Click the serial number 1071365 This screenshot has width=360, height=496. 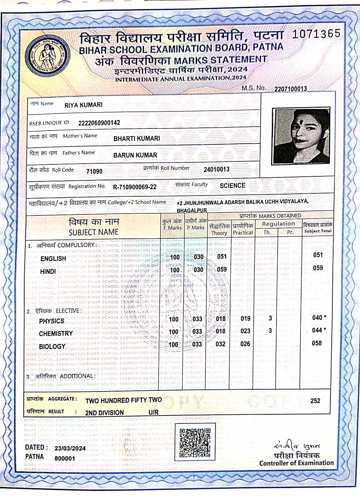316,34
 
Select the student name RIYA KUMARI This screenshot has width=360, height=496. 83,105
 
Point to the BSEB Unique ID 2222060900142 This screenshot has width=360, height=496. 99,123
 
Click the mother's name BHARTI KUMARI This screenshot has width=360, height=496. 136,139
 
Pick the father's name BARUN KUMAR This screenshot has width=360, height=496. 135,155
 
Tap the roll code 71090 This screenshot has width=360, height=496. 94,171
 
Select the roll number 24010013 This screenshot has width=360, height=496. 216,169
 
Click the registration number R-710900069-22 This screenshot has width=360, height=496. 135,187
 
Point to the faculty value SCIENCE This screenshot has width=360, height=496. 232,186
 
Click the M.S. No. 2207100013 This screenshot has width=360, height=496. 290,89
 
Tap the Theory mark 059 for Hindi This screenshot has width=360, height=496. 222,270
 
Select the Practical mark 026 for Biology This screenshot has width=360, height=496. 245,344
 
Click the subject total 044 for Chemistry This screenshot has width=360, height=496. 317,330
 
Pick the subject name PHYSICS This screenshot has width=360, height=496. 52,321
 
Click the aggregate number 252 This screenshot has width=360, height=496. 315,401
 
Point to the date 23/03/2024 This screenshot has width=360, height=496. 70,448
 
